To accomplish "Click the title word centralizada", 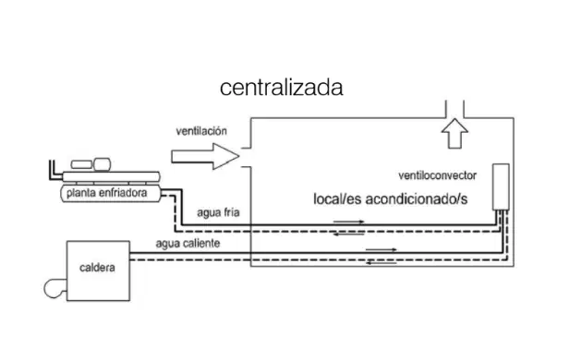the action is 282,88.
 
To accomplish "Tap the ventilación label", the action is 201,131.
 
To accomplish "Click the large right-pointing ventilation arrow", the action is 205,156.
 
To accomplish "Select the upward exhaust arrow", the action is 455,133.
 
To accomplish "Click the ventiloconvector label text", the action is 437,175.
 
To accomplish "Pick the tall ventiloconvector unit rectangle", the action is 501,186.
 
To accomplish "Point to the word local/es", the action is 337,199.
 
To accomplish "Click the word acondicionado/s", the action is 417,199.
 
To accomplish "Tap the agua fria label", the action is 218,212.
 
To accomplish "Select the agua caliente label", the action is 188,243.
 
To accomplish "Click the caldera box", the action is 98,270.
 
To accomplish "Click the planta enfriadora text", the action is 106,193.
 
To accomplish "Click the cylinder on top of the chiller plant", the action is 103,164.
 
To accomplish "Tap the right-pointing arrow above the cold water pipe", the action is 348,222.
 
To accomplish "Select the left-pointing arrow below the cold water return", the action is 348,234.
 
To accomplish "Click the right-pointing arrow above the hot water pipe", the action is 382,249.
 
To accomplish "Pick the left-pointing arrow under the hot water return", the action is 382,262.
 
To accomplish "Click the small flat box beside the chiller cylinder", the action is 81,164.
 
